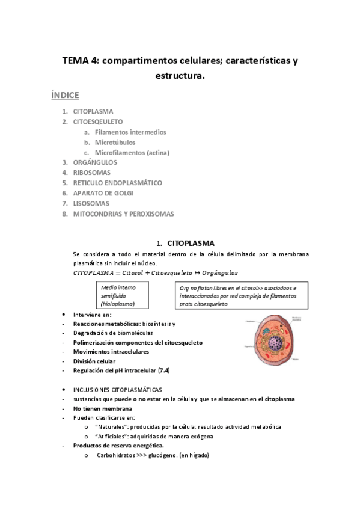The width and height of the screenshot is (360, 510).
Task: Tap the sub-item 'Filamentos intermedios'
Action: click(x=130, y=132)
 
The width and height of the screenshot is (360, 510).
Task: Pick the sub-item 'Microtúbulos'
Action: click(x=115, y=142)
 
